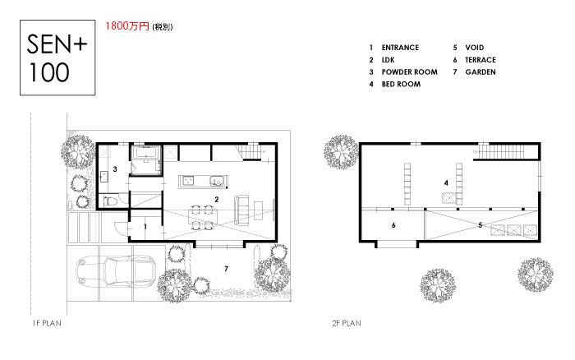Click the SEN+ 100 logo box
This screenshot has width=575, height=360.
pos(57,58)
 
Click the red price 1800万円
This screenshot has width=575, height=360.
pos(127,26)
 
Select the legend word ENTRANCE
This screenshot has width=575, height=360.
pos(400,48)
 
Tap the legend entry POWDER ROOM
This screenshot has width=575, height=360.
pos(409,72)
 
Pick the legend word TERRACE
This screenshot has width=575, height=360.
pos(481,60)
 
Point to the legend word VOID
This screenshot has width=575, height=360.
pos(475,48)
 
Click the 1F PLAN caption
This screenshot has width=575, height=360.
pos(47,323)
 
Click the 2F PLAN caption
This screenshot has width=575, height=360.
pos(347,323)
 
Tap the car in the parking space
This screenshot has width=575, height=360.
pos(117,271)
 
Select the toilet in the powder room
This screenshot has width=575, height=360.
pos(110,201)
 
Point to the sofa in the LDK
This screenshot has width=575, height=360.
pos(241,210)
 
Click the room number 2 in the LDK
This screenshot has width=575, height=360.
pos(216,199)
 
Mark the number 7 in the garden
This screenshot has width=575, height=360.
pos(226,269)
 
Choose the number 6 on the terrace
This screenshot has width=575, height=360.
pos(393,225)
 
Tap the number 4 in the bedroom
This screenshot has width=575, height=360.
pos(446,182)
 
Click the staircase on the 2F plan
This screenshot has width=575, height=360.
pos(506,151)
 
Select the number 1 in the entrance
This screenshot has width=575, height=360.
pos(145,226)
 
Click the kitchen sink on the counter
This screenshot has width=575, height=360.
pos(216,181)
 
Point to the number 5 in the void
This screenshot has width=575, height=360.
pos(480,225)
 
